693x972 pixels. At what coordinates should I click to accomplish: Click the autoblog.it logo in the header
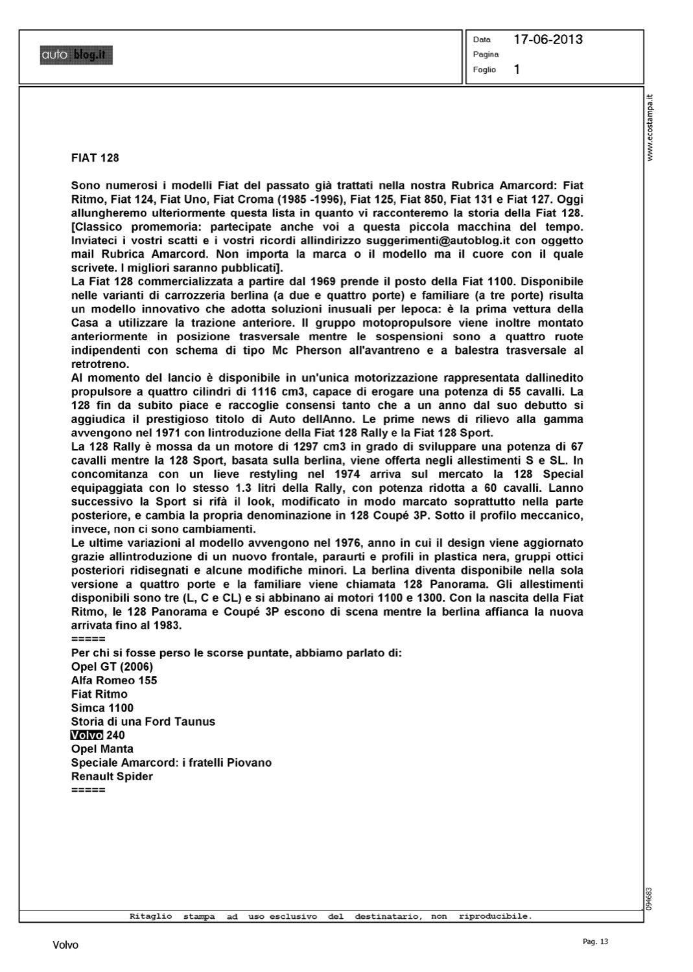coord(76,56)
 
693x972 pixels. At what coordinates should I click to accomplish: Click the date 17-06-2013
coord(548,40)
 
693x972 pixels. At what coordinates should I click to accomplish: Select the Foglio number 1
coord(517,69)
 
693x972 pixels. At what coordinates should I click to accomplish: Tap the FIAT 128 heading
coord(95,158)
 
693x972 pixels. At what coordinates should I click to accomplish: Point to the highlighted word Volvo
coord(87,735)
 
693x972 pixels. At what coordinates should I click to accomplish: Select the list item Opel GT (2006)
coord(112,667)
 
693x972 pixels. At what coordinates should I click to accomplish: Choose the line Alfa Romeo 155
coord(114,680)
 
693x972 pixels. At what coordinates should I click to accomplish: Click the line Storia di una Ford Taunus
coord(143,722)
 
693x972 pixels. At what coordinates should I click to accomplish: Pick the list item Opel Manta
coord(102,749)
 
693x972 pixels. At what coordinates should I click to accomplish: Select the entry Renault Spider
coord(112,776)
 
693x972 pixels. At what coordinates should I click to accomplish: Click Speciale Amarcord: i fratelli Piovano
coord(171,763)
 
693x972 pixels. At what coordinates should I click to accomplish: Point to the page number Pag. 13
coord(596,942)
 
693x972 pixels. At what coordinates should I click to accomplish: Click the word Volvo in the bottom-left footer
coord(65,945)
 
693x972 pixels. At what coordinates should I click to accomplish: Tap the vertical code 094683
coord(650,898)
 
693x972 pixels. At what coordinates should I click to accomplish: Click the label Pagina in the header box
coord(486,54)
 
